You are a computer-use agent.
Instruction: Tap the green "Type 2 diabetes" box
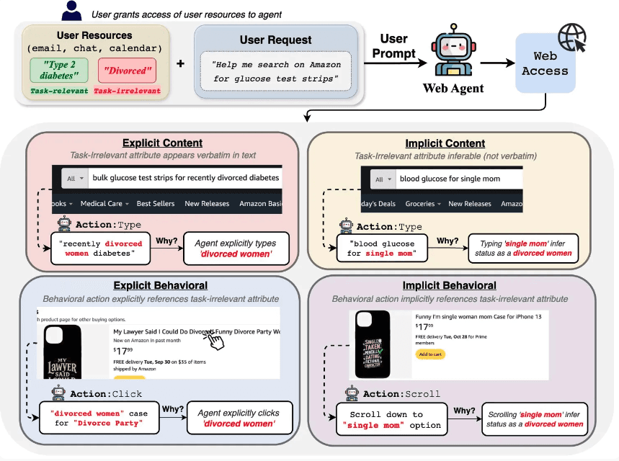click(x=59, y=71)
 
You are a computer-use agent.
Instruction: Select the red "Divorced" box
click(x=130, y=71)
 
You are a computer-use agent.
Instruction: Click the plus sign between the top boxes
click(x=180, y=63)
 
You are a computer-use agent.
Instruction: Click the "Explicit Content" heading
click(x=162, y=143)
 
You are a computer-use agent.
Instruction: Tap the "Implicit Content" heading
click(x=445, y=143)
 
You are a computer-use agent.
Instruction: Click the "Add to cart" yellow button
click(x=430, y=355)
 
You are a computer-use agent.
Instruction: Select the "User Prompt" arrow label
click(x=393, y=46)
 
